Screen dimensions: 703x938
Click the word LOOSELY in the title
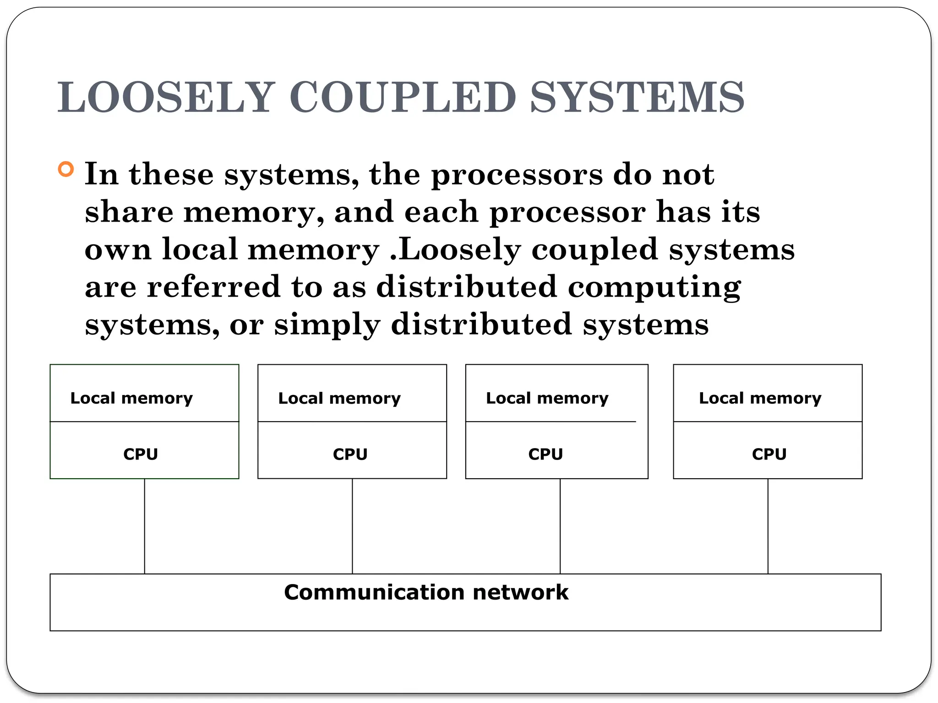point(166,97)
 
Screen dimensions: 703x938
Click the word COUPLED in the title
point(403,97)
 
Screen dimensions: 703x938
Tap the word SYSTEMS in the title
point(637,97)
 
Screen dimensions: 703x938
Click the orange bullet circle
point(66,169)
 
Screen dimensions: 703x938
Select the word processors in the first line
point(517,175)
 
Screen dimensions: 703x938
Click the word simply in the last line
point(327,325)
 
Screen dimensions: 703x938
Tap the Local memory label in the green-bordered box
point(131,398)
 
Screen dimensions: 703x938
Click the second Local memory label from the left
point(339,398)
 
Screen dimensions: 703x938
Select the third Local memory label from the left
point(547,398)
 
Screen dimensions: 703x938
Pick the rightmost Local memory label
point(760,398)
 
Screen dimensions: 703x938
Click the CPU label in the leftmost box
point(141,454)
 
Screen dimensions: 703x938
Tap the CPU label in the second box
point(350,454)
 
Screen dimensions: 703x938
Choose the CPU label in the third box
point(545,454)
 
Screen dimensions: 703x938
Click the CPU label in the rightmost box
point(769,454)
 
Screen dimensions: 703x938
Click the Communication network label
point(426,592)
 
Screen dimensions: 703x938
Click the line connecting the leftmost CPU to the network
point(145,526)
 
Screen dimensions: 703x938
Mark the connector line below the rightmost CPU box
point(768,526)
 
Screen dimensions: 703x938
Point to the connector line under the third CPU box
point(560,526)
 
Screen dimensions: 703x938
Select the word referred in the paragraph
point(213,287)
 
